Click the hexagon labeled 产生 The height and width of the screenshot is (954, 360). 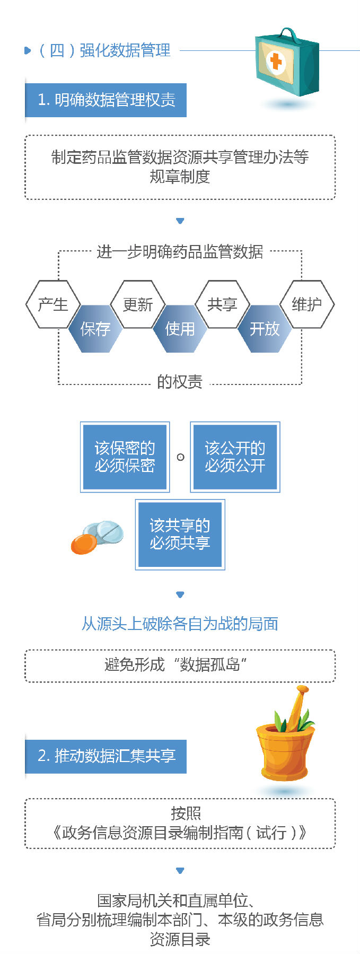point(53,304)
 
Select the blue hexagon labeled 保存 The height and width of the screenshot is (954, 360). point(95,329)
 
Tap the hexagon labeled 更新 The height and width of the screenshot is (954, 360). point(138,304)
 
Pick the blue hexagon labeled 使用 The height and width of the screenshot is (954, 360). point(180,329)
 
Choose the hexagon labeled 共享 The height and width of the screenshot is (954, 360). point(222,304)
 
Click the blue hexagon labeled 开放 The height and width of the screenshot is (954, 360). point(265,329)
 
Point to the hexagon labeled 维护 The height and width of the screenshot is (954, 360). point(307,304)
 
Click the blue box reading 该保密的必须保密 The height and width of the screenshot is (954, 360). point(125,457)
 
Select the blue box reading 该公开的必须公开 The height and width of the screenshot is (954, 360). point(235,457)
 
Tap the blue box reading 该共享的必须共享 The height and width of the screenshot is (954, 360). point(180,534)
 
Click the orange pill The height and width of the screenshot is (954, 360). point(84,544)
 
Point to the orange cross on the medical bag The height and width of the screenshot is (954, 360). point(276,61)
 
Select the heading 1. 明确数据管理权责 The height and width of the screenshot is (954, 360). point(106,100)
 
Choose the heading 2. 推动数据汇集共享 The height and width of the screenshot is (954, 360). point(106,756)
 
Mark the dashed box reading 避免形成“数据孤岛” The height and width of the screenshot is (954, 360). point(180,665)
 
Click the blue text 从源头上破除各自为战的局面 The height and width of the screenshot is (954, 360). point(180,624)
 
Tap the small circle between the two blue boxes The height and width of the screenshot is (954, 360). point(180,457)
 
